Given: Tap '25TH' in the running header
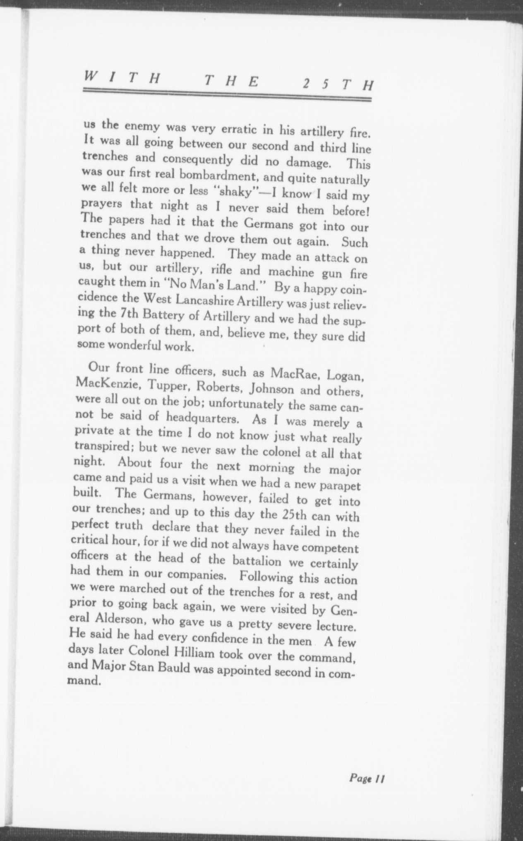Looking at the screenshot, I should coord(338,84).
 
